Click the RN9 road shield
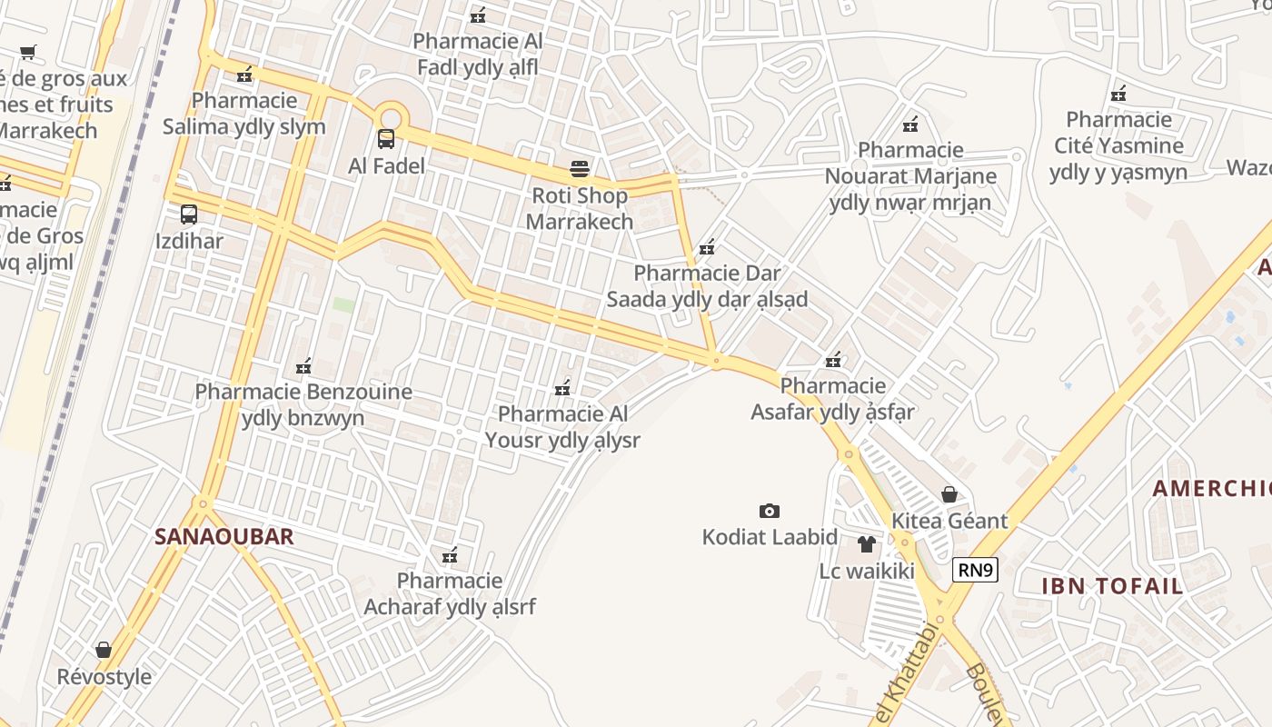tap(976, 570)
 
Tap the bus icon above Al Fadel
tap(386, 139)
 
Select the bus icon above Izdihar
tap(189, 214)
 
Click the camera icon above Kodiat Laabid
tap(770, 511)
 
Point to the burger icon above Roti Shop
tap(580, 168)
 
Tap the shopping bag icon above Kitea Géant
tap(949, 494)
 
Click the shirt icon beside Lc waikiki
tap(866, 544)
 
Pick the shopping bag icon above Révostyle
tap(104, 650)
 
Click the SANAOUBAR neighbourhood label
tap(224, 536)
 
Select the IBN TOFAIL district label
tap(1112, 585)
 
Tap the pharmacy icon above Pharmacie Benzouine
tap(303, 366)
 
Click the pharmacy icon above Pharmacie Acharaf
tap(449, 554)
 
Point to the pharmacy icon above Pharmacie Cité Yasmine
tap(1118, 93)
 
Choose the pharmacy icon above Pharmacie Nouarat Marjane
tap(910, 124)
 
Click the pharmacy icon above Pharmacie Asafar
tap(833, 360)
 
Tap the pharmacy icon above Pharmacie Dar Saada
tap(707, 246)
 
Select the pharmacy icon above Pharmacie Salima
tap(243, 74)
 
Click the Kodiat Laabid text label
tap(770, 537)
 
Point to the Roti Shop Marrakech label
tap(580, 208)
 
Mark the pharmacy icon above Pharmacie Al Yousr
tap(562, 387)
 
